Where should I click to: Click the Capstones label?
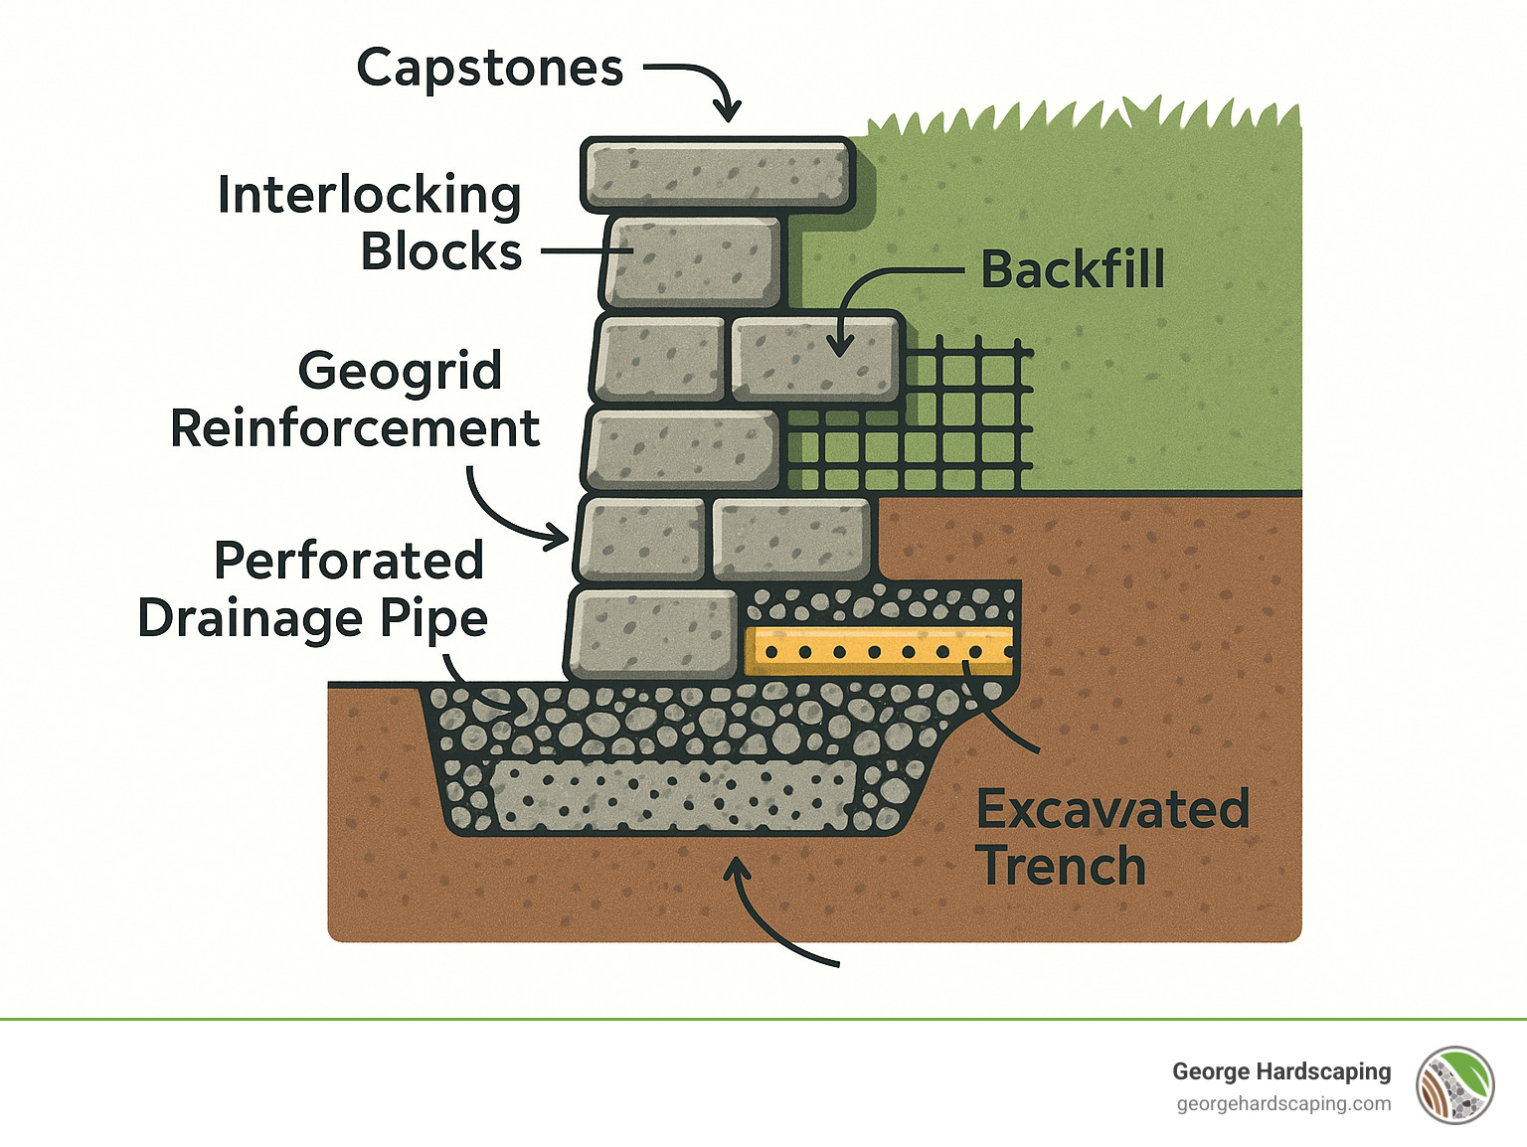[x=489, y=70]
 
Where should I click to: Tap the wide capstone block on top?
[x=717, y=175]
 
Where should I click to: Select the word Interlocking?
[x=369, y=195]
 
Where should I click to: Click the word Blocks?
[x=440, y=252]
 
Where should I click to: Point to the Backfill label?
[x=1073, y=269]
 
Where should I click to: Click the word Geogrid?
[x=400, y=372]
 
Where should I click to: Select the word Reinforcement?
[x=355, y=429]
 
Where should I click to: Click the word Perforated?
[x=349, y=561]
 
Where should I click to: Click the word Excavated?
[x=1112, y=809]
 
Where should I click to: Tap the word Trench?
[x=1061, y=866]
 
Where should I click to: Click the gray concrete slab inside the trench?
[x=673, y=795]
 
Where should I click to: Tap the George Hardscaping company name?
[x=1281, y=1071]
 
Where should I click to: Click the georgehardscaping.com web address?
[x=1283, y=1104]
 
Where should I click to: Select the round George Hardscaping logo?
[x=1455, y=1085]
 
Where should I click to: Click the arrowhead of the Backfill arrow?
[x=840, y=347]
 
